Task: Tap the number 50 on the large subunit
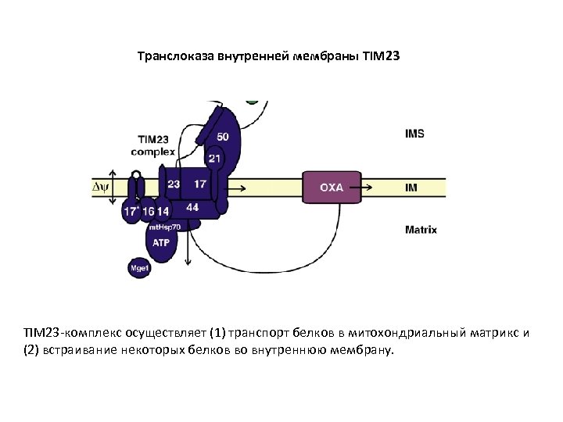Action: pyautogui.click(x=223, y=137)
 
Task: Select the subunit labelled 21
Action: pyautogui.click(x=214, y=159)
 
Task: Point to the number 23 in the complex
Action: pyautogui.click(x=174, y=184)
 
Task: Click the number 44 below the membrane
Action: pyautogui.click(x=192, y=207)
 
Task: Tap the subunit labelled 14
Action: pyautogui.click(x=163, y=211)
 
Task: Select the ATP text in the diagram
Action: pyautogui.click(x=160, y=243)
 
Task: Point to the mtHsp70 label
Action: pyautogui.click(x=164, y=227)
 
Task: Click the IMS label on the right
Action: pyautogui.click(x=415, y=134)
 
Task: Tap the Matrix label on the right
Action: pyautogui.click(x=421, y=230)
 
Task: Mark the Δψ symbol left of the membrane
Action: pyautogui.click(x=102, y=188)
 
